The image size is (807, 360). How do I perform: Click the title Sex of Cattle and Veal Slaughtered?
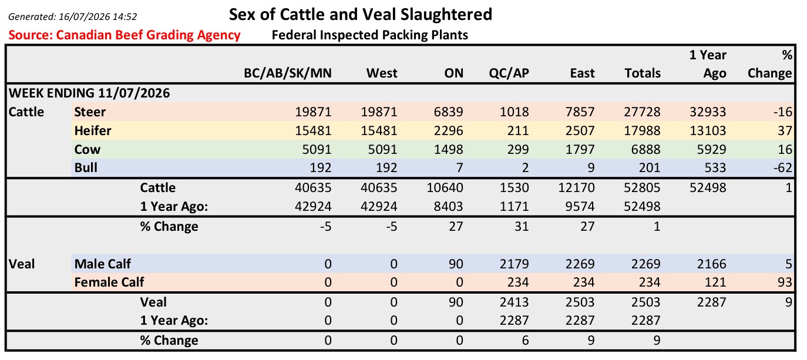pyautogui.click(x=360, y=15)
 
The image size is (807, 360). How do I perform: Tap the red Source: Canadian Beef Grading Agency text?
pyautogui.click(x=125, y=35)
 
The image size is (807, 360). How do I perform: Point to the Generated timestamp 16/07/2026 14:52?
pyautogui.click(x=97, y=16)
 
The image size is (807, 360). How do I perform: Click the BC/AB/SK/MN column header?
pyautogui.click(x=287, y=73)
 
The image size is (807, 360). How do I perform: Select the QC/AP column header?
pyautogui.click(x=509, y=73)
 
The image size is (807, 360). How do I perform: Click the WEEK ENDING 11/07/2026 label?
pyautogui.click(x=89, y=93)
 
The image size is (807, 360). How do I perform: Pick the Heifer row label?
pyautogui.click(x=93, y=130)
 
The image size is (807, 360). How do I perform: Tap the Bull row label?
pyautogui.click(x=86, y=167)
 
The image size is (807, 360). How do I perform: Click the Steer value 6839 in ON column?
pyautogui.click(x=448, y=112)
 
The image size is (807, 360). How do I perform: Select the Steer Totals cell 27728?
pyautogui.click(x=642, y=112)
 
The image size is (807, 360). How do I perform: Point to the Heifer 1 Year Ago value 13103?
pyautogui.click(x=708, y=130)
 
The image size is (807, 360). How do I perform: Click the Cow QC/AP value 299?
pyautogui.click(x=517, y=149)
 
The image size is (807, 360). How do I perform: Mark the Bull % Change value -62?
pyautogui.click(x=782, y=167)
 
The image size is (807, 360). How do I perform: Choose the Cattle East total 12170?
pyautogui.click(x=576, y=188)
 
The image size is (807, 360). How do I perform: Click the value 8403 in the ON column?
pyautogui.click(x=448, y=207)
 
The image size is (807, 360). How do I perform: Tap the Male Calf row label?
pyautogui.click(x=102, y=264)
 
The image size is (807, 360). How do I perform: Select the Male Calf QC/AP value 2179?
pyautogui.click(x=514, y=264)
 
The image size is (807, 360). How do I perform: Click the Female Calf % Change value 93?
pyautogui.click(x=785, y=282)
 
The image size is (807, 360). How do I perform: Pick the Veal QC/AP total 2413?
pyautogui.click(x=514, y=302)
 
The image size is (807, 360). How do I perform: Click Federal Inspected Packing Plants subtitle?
pyautogui.click(x=369, y=35)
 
